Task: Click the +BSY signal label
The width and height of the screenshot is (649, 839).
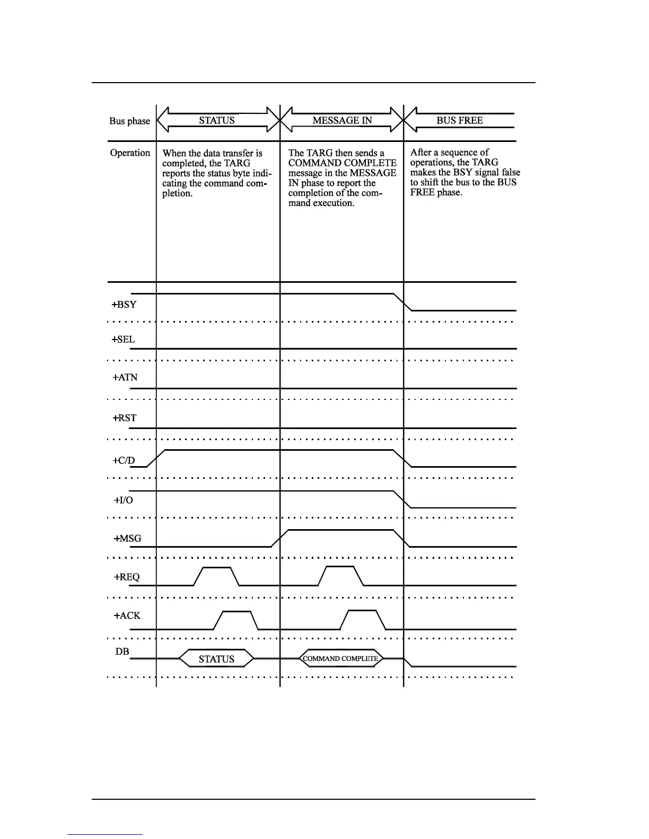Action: tap(124, 305)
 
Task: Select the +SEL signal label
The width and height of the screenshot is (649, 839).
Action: tap(124, 340)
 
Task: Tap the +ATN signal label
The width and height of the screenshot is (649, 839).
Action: tap(125, 378)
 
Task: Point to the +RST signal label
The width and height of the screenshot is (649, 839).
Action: tap(125, 418)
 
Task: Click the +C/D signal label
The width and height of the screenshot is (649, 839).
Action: tap(124, 460)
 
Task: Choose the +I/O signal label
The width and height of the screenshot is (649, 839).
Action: tap(124, 500)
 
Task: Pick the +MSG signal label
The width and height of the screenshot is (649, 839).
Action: tap(127, 539)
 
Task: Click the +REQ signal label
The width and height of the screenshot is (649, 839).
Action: tap(127, 577)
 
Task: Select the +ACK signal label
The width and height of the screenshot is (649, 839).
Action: tap(127, 616)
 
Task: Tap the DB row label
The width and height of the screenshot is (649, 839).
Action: tap(122, 652)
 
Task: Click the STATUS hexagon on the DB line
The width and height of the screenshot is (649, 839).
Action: tap(216, 659)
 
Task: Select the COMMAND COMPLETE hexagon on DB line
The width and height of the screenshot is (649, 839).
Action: tap(340, 659)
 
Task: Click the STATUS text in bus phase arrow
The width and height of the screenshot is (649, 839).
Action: tap(217, 120)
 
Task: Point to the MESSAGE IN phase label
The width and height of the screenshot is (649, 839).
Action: tap(342, 120)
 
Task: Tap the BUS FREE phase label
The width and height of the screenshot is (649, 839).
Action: tap(460, 120)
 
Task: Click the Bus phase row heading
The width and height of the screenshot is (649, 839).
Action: tap(129, 121)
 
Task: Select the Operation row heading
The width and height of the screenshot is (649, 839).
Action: tap(130, 153)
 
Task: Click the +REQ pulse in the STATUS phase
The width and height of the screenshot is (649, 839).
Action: tap(217, 575)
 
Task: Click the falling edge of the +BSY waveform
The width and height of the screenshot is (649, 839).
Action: tap(402, 302)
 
